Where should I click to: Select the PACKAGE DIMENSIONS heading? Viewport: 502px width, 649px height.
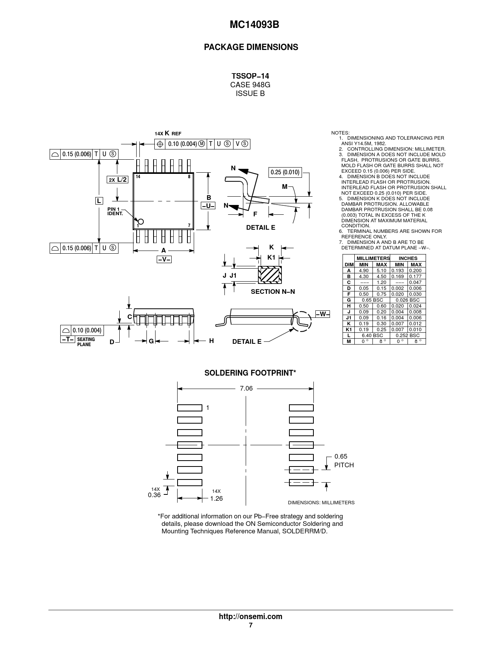[x=251, y=47]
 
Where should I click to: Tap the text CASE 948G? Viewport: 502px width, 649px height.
[x=250, y=85]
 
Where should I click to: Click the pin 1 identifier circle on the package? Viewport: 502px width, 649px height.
[x=140, y=221]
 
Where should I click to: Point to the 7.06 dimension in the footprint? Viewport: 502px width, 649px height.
[x=246, y=388]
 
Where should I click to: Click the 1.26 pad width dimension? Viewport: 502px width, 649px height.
[x=216, y=498]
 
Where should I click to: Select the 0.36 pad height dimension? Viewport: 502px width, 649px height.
[x=154, y=495]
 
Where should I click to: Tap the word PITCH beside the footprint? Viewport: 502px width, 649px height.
[x=344, y=465]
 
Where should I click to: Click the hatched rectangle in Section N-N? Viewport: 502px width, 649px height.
[x=270, y=275]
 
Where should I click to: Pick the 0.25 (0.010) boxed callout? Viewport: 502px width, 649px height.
[x=285, y=172]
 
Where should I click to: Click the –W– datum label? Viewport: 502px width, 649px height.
[x=322, y=314]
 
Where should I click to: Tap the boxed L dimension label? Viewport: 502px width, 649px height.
[x=98, y=201]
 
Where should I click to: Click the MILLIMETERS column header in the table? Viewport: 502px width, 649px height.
[x=372, y=258]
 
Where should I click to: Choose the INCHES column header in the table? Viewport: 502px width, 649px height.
[x=408, y=258]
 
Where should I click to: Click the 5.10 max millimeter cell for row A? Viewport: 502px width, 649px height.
[x=381, y=271]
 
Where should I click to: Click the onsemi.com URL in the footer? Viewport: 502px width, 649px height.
[x=250, y=616]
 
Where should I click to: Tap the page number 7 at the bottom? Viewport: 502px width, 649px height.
[x=250, y=625]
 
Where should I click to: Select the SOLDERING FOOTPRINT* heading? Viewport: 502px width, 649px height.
[x=250, y=373]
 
